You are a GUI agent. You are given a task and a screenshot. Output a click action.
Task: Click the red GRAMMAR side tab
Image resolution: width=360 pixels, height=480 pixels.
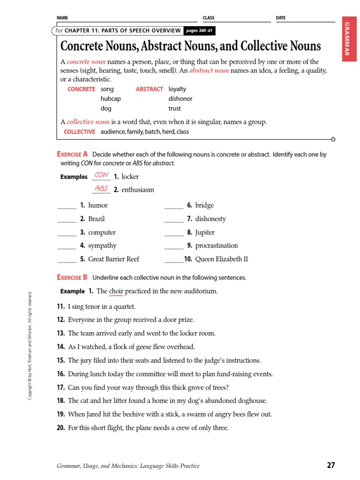pyautogui.click(x=347, y=39)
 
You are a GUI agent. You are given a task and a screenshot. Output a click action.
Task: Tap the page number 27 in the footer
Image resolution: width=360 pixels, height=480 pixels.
pyautogui.click(x=331, y=465)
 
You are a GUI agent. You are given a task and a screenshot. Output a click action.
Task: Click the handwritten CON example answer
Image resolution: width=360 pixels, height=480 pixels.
pyautogui.click(x=101, y=175)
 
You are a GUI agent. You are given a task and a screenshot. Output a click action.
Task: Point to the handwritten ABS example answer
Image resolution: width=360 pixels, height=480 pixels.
pyautogui.click(x=101, y=188)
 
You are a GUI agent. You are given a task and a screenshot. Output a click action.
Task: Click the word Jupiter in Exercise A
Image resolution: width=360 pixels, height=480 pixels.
pyautogui.click(x=205, y=232)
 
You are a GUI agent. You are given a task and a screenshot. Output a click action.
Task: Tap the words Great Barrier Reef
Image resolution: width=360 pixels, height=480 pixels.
pyautogui.click(x=113, y=259)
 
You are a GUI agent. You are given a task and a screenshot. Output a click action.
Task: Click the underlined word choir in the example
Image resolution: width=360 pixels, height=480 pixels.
pyautogui.click(x=116, y=291)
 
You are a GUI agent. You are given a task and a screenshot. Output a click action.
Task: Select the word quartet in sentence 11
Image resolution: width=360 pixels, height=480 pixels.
pyautogui.click(x=125, y=307)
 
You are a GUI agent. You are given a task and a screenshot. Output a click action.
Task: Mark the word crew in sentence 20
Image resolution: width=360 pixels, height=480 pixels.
pyautogui.click(x=182, y=427)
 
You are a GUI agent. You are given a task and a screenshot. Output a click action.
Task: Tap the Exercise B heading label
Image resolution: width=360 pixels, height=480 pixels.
pyautogui.click(x=72, y=277)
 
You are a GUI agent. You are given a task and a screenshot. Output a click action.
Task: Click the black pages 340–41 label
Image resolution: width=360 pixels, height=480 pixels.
pyautogui.click(x=199, y=30)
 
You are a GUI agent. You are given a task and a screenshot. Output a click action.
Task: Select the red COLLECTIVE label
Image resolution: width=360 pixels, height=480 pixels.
pyautogui.click(x=79, y=132)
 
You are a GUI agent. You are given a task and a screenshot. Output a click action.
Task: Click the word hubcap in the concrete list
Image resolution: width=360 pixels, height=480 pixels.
pyautogui.click(x=110, y=98)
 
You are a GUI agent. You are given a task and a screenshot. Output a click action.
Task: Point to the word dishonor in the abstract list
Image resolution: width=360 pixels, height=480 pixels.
pyautogui.click(x=180, y=98)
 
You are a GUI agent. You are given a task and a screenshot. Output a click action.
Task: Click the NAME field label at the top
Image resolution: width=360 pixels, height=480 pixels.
pyautogui.click(x=62, y=18)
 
